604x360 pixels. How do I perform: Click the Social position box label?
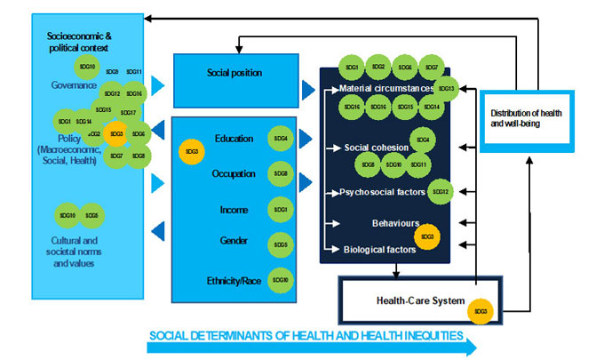click(x=234, y=73)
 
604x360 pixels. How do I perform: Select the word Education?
click(x=234, y=139)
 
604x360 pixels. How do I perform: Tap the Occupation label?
click(x=234, y=173)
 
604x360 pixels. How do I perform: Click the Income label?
click(x=234, y=209)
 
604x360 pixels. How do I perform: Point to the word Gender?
click(x=234, y=241)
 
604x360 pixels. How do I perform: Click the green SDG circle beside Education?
click(x=280, y=139)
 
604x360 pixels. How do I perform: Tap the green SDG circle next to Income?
click(x=280, y=209)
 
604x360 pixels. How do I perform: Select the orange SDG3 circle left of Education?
click(x=192, y=152)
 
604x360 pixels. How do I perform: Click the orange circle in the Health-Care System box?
click(x=481, y=310)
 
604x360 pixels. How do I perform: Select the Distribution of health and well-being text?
click(x=528, y=117)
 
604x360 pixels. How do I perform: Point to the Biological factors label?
click(x=380, y=250)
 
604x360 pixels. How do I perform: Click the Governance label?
click(x=74, y=84)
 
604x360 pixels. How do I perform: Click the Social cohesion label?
click(x=377, y=147)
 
